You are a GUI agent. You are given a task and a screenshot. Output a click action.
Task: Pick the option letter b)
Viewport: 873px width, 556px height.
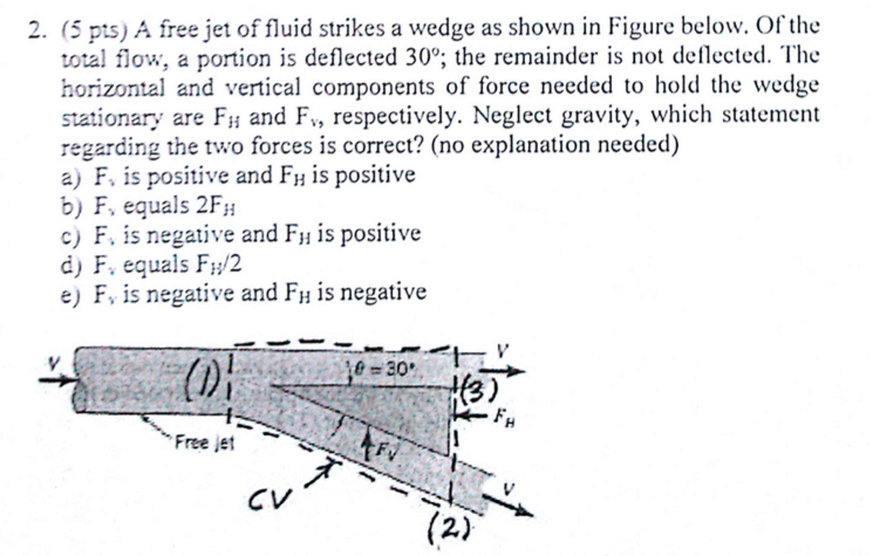point(71,206)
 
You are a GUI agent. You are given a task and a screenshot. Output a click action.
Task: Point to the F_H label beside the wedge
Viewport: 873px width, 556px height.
point(504,418)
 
